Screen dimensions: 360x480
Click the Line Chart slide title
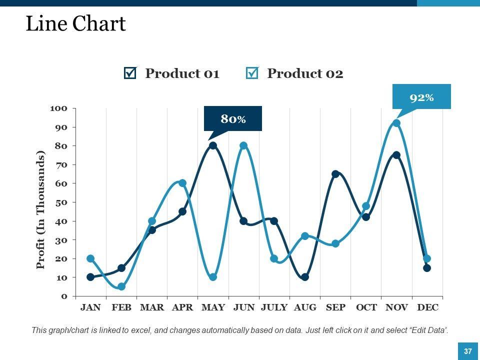tap(75, 24)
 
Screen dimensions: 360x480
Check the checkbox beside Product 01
tap(129, 73)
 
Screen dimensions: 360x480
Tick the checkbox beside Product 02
tap(252, 73)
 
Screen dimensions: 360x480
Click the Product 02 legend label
tap(305, 73)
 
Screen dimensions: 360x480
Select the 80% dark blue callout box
tap(233, 118)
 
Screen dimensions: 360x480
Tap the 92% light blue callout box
tap(421, 97)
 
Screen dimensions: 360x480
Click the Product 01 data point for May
tap(213, 145)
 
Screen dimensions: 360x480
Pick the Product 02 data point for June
tap(243, 145)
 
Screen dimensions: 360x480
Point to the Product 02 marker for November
tap(396, 123)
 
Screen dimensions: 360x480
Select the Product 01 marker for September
tap(335, 174)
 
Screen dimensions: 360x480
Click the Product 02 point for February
tap(121, 286)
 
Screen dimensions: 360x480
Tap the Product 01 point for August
tap(305, 277)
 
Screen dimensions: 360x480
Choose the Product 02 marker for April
tap(182, 183)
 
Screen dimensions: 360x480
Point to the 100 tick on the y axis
tap(58, 108)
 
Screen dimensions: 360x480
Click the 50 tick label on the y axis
tap(60, 202)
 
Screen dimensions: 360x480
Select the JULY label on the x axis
tap(274, 307)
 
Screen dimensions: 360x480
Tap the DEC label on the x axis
tap(427, 307)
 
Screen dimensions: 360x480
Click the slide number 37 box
tap(468, 351)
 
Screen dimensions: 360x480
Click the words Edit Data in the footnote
tap(428, 330)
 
